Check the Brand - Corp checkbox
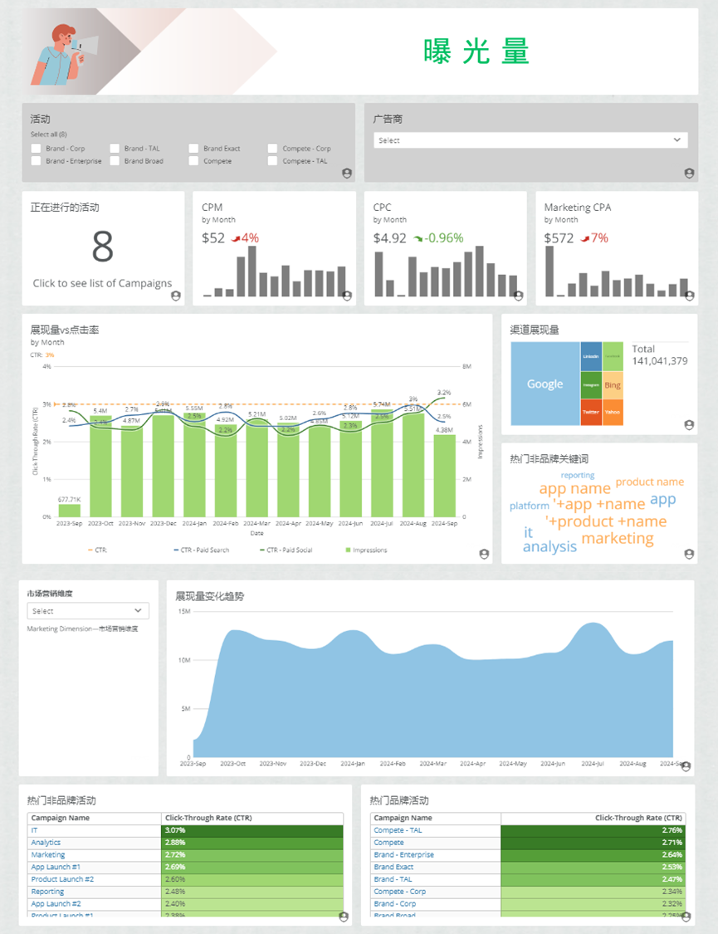tap(36, 149)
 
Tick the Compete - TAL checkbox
tap(273, 161)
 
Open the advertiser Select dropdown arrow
tap(676, 140)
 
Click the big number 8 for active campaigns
tap(103, 247)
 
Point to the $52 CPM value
tap(213, 238)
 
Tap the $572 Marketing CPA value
tap(559, 238)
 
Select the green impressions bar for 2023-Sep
tap(70, 510)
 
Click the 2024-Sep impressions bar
tap(444, 475)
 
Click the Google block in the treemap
tap(545, 384)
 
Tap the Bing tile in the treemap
tap(613, 385)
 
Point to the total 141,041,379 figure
tap(659, 361)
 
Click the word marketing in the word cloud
tap(618, 538)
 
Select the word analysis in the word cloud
tap(549, 546)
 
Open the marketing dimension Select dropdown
tap(88, 611)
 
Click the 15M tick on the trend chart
tap(185, 611)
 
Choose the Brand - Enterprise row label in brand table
tap(403, 854)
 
